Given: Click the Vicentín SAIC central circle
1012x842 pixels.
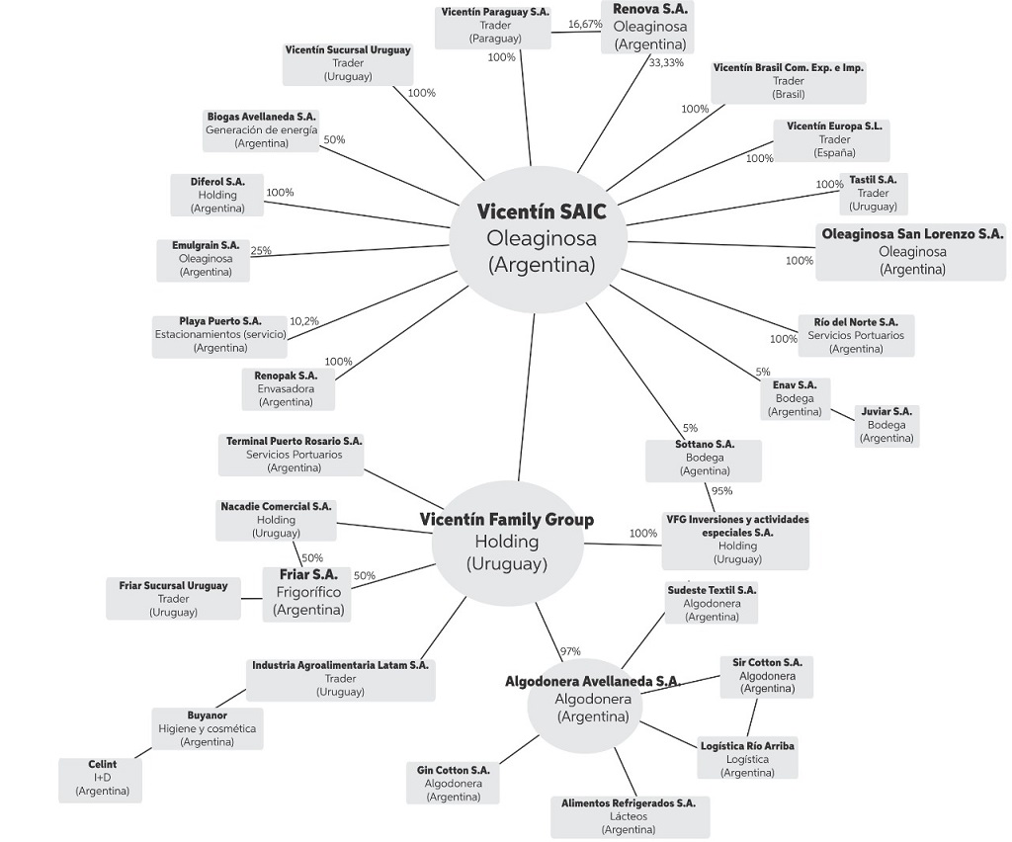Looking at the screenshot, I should (542, 238).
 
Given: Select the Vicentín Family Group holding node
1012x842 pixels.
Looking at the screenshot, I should (506, 542).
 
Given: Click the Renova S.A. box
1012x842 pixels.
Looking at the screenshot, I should (649, 27).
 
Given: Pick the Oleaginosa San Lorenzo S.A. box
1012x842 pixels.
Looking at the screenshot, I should (912, 251).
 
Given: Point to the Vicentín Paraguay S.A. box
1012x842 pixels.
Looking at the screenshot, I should (495, 25).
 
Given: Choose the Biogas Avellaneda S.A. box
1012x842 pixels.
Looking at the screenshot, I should (262, 130).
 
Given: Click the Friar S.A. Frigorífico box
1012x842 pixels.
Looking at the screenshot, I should (309, 592).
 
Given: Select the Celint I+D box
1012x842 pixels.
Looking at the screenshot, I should (103, 778).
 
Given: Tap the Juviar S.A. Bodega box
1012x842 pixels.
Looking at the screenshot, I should (886, 425).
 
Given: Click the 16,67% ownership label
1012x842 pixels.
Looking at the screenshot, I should (585, 24).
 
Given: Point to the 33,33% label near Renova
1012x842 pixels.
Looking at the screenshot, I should (666, 62).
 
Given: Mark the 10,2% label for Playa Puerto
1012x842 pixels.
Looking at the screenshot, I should (304, 321).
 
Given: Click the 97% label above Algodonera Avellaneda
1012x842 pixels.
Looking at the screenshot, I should (569, 651).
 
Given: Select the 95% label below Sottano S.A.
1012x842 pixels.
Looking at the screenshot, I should (721, 491).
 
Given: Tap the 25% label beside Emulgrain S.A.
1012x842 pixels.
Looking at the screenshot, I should (261, 251).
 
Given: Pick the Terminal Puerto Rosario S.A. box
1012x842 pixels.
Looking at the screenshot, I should (295, 454).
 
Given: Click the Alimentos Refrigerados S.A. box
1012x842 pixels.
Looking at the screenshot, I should (629, 816).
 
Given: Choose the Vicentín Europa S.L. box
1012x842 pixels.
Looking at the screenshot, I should (834, 139).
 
